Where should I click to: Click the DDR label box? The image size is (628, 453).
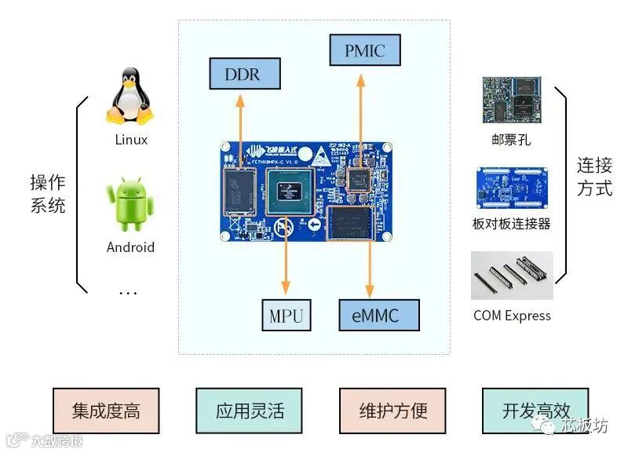[243, 75]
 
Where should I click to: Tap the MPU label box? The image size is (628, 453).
[286, 316]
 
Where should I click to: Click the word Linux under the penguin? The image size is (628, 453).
[130, 141]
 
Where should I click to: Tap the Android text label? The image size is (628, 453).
[130, 247]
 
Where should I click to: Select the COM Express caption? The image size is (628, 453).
[512, 316]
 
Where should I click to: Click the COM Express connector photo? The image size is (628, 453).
[512, 276]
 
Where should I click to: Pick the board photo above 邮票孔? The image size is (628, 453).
[512, 100]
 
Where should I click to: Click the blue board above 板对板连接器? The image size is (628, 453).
[512, 188]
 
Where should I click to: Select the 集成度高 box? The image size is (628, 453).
[106, 411]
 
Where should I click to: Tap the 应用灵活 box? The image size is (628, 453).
[250, 411]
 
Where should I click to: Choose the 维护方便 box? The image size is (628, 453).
[393, 411]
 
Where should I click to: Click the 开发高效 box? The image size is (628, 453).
[536, 411]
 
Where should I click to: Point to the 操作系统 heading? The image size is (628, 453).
[47, 194]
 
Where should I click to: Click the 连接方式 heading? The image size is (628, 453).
[594, 177]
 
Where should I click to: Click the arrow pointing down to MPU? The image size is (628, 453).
[286, 259]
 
